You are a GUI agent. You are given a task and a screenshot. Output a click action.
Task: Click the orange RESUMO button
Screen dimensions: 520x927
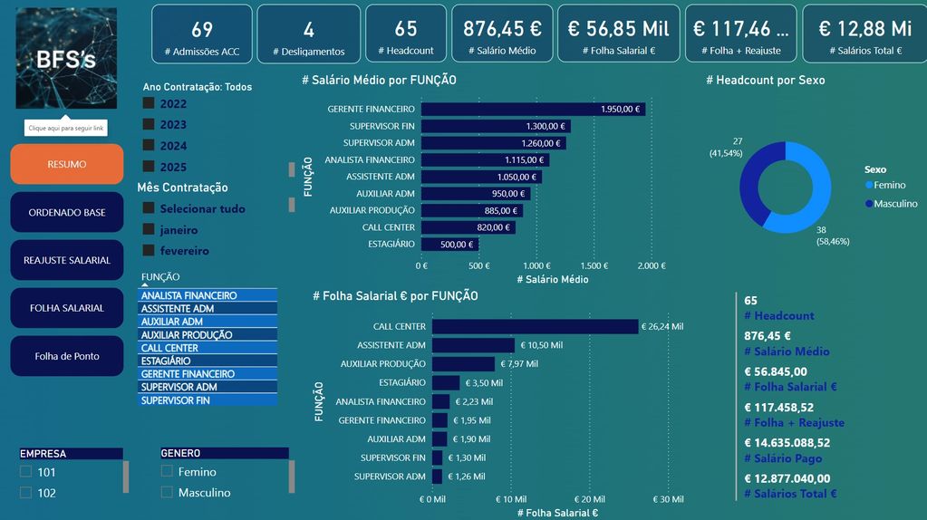coord(66,164)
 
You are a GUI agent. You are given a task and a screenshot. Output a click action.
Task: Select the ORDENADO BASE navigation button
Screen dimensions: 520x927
coord(66,212)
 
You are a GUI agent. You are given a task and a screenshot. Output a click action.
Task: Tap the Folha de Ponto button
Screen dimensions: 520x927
coord(66,356)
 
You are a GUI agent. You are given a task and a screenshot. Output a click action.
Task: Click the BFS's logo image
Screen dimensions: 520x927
coord(66,58)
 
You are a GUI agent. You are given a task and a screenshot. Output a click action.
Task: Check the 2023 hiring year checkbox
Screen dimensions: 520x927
coord(149,125)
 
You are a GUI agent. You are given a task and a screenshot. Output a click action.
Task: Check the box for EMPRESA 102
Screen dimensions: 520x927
coord(25,493)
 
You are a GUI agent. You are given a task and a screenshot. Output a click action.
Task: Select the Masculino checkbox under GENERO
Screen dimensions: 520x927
coord(167,493)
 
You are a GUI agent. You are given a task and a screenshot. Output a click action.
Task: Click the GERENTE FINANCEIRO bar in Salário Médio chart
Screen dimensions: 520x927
coord(533,110)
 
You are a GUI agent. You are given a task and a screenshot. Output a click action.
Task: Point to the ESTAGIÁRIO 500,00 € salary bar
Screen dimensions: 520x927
coord(450,245)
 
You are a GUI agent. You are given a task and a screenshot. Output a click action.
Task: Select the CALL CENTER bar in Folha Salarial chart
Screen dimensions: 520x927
coord(535,327)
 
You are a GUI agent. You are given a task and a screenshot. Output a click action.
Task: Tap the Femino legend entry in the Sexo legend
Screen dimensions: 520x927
coord(888,185)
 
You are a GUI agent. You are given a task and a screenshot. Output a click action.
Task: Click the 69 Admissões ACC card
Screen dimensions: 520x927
coord(201,34)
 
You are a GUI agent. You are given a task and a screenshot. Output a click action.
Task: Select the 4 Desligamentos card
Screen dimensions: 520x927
coord(308,34)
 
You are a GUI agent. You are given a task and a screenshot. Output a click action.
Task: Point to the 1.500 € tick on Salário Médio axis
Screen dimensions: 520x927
coord(594,266)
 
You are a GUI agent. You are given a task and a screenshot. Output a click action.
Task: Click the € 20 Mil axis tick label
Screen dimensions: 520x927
coord(590,499)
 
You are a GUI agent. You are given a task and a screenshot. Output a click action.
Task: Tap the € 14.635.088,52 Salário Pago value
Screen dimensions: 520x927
coord(787,443)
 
